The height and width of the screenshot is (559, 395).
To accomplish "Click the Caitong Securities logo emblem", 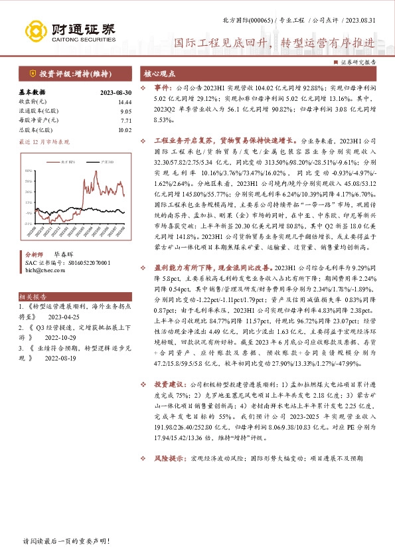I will pos(36,31).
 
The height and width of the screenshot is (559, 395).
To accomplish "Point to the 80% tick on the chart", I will pos(29,173).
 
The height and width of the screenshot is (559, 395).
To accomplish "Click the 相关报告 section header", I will pos(31,297).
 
